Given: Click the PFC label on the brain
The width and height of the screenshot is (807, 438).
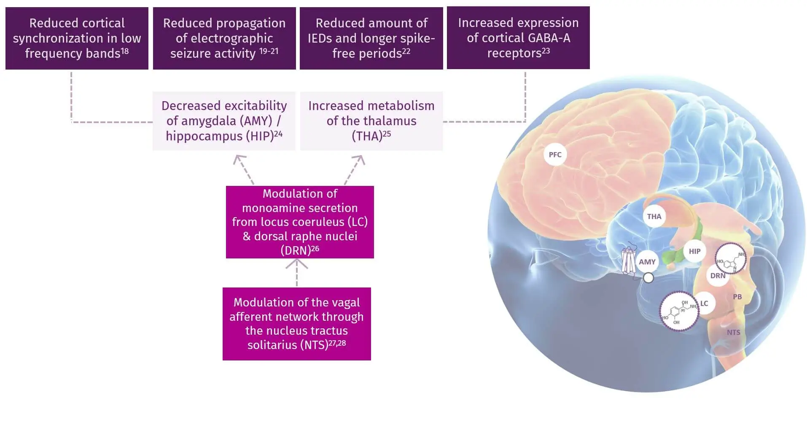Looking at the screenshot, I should tap(555, 155).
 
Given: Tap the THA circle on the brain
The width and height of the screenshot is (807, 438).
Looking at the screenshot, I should tap(654, 216).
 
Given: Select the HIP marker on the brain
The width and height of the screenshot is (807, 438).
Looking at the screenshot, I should tap(694, 251).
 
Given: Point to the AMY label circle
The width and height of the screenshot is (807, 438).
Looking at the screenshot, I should tap(647, 262).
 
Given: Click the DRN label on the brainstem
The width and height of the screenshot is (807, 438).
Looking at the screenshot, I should tap(718, 276).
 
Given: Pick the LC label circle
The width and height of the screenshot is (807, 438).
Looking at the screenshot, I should tap(704, 304).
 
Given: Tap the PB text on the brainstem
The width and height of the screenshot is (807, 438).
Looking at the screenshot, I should tap(737, 297).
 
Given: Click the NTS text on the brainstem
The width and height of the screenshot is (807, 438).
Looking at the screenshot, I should tap(733, 332).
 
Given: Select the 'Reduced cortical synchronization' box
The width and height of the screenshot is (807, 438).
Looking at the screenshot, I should tap(77, 38).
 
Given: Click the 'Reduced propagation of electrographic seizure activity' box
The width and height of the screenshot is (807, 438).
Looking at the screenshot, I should tap(224, 38).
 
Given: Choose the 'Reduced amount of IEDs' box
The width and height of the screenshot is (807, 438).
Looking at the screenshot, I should tap(371, 38).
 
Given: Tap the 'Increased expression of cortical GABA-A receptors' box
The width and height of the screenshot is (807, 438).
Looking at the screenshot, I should tap(518, 38).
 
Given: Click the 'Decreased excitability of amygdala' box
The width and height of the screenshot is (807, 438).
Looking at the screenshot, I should tap(224, 121).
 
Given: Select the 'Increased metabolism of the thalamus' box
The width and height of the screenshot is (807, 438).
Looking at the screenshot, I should tap(371, 121).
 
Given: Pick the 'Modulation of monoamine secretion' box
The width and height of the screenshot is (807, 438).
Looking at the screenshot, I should tap(300, 222).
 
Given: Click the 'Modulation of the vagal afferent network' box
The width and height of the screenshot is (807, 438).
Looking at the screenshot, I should tap(296, 324).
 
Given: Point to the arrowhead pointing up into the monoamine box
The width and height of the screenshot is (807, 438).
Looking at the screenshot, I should tap(297, 263).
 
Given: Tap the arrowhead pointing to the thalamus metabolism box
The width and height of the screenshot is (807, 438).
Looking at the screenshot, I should tap(359, 159).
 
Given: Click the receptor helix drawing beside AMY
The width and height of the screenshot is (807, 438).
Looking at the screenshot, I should tap(628, 260).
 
